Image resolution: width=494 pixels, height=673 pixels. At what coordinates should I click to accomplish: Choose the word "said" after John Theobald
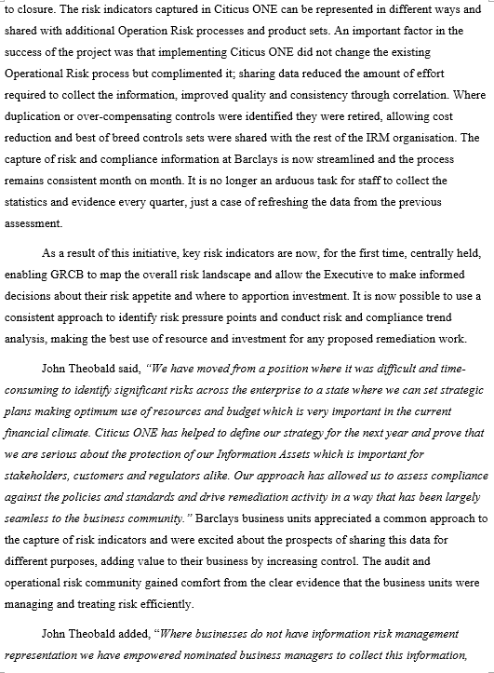(139, 367)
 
